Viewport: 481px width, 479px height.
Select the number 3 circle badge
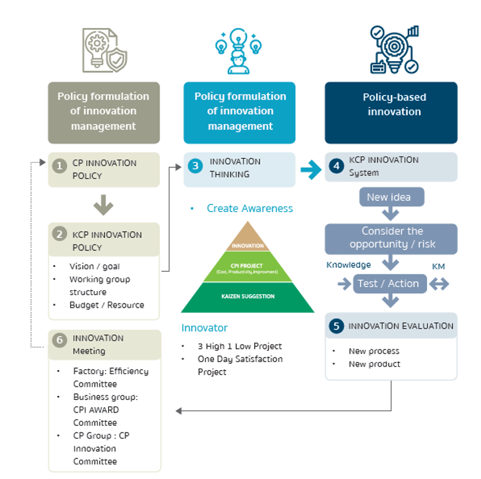tap(195, 167)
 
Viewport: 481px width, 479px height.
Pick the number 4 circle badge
tap(337, 167)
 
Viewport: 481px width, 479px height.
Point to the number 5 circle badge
tap(337, 326)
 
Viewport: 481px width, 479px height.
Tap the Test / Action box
tap(388, 284)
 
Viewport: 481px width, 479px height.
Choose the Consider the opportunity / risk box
tap(391, 239)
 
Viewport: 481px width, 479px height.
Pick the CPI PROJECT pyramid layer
tap(248, 268)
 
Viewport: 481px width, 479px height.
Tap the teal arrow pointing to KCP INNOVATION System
tap(310, 170)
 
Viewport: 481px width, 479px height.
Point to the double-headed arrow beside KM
tap(440, 284)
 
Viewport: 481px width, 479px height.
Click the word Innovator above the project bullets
tap(205, 328)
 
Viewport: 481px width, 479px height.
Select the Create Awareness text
tap(249, 209)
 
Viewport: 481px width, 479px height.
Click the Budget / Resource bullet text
tap(106, 305)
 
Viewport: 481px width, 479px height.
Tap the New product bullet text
tap(374, 364)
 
